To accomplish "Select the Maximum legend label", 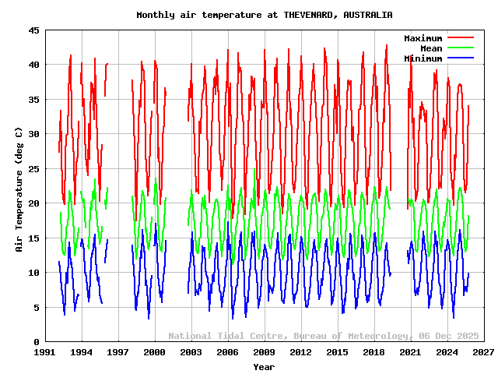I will (x=423, y=38).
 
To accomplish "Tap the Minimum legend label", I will (x=423, y=58).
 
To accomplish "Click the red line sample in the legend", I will (x=460, y=38).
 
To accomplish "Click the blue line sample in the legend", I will (x=460, y=58).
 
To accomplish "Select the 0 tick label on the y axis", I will (x=37, y=342).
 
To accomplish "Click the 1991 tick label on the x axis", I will (x=45, y=353).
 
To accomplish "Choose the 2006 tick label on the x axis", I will (x=227, y=353).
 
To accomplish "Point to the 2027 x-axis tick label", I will (x=483, y=353).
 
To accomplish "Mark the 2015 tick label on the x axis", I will (x=337, y=353).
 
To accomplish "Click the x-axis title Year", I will (x=264, y=366).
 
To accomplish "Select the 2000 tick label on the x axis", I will (x=155, y=353).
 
